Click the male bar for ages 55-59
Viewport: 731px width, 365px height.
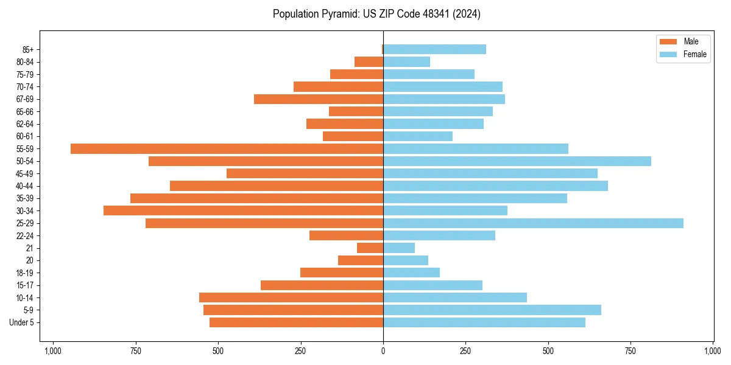coord(227,149)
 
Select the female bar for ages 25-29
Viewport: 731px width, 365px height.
coord(533,223)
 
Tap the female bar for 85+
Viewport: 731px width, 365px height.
coord(434,49)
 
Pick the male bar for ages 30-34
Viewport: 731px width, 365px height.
coord(243,210)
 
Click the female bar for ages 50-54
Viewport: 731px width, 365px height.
coord(517,161)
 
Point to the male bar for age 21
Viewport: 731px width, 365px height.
coord(370,248)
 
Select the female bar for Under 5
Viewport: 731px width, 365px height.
coord(484,322)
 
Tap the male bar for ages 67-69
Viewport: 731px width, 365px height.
coord(318,99)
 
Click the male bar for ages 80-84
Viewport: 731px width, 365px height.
coord(369,62)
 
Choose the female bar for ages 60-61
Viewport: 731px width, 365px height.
coord(417,136)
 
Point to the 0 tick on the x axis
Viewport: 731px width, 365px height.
coord(383,351)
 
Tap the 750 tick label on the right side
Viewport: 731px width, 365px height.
coord(630,351)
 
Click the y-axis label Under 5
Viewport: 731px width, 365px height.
coord(21,322)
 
